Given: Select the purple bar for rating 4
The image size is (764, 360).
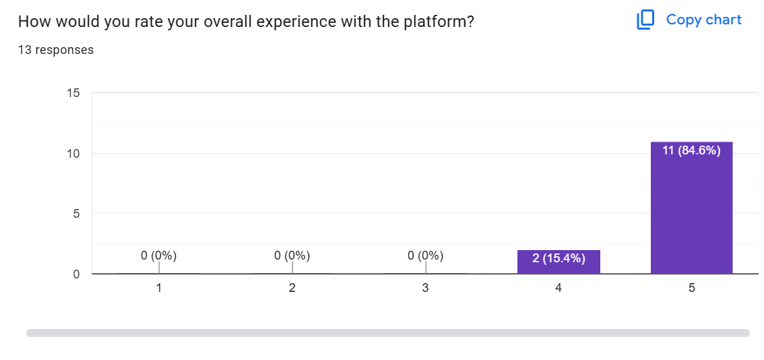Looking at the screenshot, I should (559, 262).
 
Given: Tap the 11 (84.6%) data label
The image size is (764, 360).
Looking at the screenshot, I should (691, 150).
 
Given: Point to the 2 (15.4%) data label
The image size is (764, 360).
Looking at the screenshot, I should (559, 258).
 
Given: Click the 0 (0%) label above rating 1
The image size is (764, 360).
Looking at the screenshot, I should (158, 256).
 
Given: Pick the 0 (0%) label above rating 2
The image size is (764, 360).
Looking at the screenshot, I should (292, 256).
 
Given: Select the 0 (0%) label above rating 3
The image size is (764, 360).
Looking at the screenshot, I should (425, 256).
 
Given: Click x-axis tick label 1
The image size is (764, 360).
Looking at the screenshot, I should (158, 288).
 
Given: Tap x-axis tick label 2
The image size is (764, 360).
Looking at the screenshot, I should (292, 288).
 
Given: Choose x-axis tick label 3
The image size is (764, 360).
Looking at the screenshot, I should (425, 288).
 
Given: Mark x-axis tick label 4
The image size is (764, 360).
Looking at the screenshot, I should (559, 288).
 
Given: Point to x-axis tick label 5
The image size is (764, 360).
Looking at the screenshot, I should (692, 288).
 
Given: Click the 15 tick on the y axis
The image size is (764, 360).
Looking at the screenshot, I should (73, 93).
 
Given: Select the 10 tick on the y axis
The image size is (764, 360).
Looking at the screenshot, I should (73, 153).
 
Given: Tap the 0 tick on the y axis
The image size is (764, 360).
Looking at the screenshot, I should (76, 274).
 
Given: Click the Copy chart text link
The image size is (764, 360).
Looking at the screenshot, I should (703, 20).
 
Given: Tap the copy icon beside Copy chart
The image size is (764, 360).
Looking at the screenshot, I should (645, 20).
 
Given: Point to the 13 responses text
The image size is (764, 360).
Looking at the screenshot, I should (56, 50).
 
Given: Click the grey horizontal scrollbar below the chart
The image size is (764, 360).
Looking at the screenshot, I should (388, 333).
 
